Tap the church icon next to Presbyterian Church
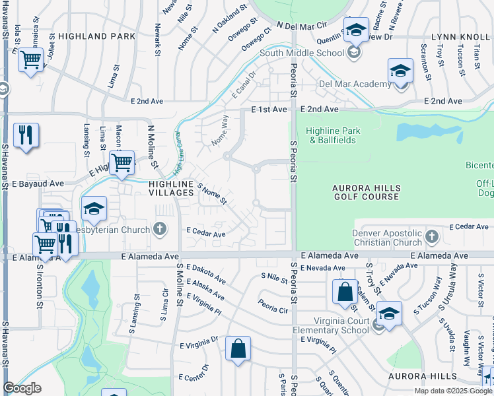[x=159, y=230]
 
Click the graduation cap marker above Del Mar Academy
[x=400, y=71]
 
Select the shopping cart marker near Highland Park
[x=30, y=61]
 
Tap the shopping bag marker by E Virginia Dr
[x=238, y=349]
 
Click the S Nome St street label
[x=212, y=193]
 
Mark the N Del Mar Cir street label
[x=303, y=26]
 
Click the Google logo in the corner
[x=22, y=389]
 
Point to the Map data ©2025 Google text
[x=453, y=391]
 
